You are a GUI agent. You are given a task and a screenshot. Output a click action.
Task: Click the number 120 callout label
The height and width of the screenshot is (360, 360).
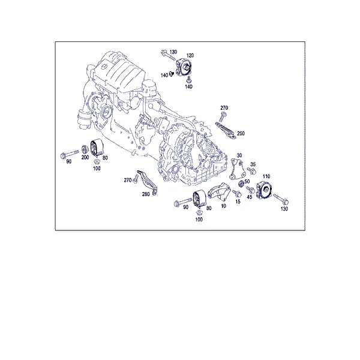tap(190, 55)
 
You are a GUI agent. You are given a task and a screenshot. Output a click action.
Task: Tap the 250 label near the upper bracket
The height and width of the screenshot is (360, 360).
tap(241, 133)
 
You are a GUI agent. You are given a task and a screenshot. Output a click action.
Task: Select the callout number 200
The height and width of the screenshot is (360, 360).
tap(85, 157)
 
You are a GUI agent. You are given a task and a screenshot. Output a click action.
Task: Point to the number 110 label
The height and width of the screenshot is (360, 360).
tap(266, 176)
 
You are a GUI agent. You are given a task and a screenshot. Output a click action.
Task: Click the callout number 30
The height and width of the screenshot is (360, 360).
tap(239, 155)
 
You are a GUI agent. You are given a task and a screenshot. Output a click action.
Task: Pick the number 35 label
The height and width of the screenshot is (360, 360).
tap(253, 164)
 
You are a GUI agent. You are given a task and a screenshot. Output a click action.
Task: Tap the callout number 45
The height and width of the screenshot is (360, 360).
tap(250, 197)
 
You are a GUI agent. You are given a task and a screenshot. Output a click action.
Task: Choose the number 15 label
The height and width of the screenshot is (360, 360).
tap(238, 202)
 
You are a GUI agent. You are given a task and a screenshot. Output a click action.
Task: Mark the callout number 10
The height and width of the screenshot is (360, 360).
tap(224, 206)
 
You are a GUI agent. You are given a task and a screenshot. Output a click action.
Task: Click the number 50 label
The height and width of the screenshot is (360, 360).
tap(247, 181)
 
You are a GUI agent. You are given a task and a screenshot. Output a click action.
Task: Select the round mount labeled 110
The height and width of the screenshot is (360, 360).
tap(264, 190)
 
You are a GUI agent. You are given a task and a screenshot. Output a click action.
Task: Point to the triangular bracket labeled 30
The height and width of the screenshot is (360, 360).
tap(236, 169)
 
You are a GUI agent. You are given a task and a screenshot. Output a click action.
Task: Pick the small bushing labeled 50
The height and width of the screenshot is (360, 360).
tap(241, 184)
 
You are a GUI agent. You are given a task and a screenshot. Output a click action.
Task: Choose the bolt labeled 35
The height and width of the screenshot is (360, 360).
tap(251, 171)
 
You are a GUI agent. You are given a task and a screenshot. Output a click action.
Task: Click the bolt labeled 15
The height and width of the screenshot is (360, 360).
tap(236, 193)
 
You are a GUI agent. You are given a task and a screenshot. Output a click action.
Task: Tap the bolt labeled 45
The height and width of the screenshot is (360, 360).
tap(250, 190)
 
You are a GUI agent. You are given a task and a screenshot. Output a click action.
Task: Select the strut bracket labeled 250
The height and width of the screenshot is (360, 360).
tap(226, 131)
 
